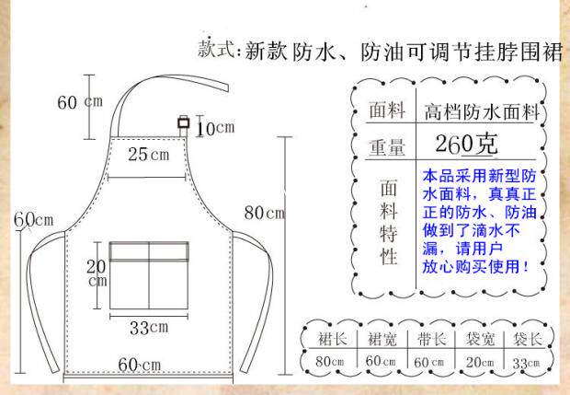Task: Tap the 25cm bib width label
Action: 149,154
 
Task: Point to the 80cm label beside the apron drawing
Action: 264,213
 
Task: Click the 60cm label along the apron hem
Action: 137,365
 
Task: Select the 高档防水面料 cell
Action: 481,112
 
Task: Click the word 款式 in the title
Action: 218,50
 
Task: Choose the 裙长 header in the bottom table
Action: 333,338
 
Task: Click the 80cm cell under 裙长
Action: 333,361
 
